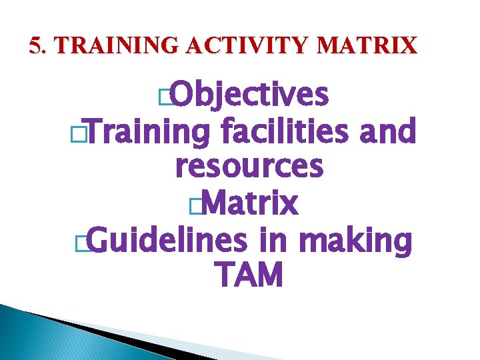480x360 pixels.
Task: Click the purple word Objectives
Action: pos(251,96)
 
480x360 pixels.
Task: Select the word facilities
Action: pos(286,131)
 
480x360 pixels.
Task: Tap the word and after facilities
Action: pos(387,131)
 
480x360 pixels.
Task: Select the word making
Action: pos(356,241)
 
